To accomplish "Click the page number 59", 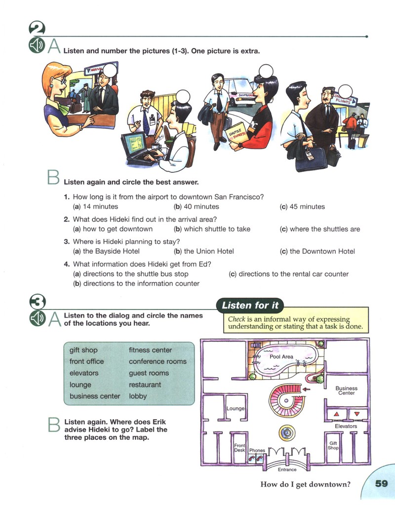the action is pos(381,484).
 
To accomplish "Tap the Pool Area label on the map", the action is pos(281,356).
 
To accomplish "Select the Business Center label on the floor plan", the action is pos(346,390).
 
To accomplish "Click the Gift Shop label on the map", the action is pos(333,445).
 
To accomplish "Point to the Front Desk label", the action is pos(239,448).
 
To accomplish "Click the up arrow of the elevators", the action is pos(337,414).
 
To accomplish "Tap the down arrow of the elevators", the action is pos(356,414).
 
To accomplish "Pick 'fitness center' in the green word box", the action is pos(150,350).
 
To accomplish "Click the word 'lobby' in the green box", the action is pos(138,396).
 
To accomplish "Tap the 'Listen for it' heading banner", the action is pos(250,305).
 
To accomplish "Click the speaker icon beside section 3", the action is pos(38,318).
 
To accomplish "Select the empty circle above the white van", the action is pos(266,71).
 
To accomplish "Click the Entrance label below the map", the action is pos(287,469).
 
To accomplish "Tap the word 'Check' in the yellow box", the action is pos(237,319).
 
